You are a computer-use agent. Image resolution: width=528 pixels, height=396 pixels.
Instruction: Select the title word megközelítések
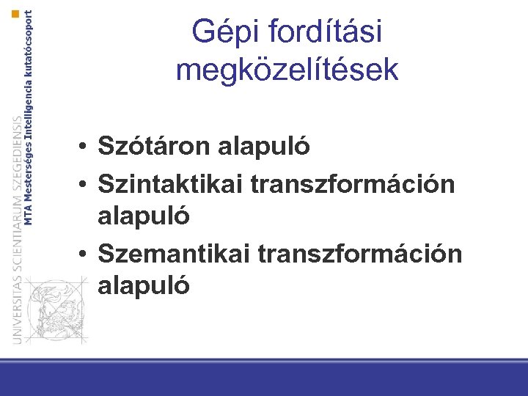coord(287,70)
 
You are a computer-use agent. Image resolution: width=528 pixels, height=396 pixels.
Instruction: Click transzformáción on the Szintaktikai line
coord(353,182)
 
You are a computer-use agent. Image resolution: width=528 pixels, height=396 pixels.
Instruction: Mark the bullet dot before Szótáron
coord(86,147)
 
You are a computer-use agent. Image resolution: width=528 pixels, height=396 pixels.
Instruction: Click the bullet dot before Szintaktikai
coord(86,183)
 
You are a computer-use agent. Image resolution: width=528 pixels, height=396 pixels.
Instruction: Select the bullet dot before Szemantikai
coord(86,253)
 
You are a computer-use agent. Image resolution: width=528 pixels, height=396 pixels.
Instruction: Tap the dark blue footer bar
coord(264,381)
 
